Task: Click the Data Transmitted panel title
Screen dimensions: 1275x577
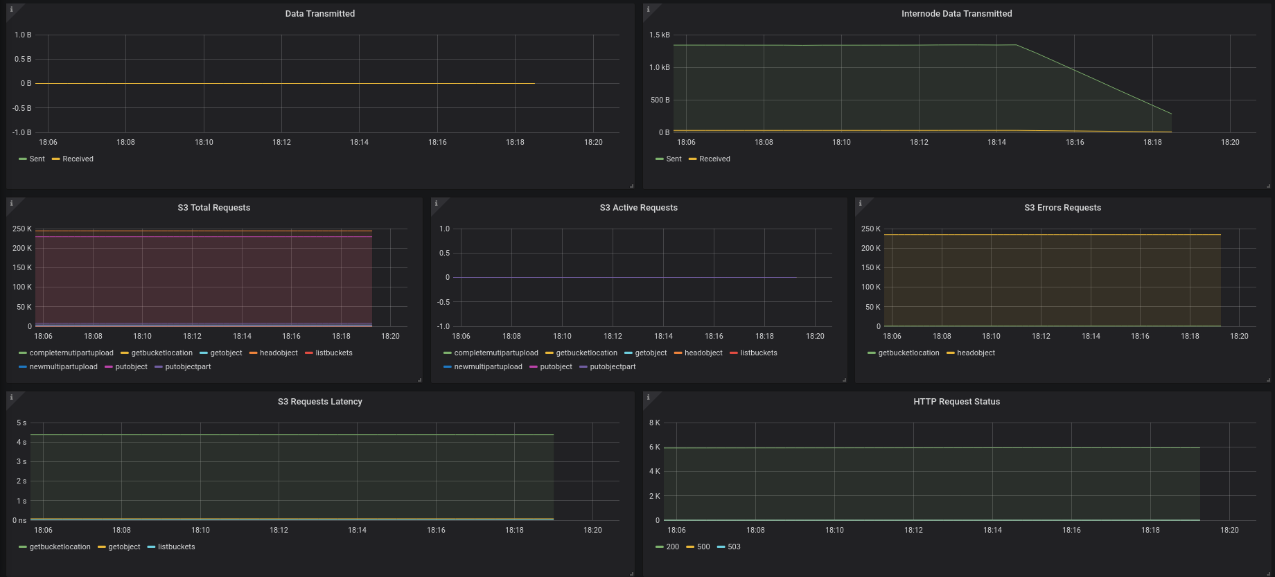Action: pos(320,14)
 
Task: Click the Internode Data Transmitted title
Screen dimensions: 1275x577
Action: pos(956,14)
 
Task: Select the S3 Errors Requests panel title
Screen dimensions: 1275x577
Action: pos(1062,208)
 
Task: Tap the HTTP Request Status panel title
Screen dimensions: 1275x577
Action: pos(956,402)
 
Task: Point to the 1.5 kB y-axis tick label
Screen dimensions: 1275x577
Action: pos(660,35)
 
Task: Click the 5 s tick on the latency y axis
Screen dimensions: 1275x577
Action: pos(21,423)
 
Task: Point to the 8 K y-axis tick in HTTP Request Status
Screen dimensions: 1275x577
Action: pos(654,423)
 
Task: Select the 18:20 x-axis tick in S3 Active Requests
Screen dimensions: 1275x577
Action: pos(815,337)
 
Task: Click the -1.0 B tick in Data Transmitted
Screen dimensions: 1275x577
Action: pos(21,132)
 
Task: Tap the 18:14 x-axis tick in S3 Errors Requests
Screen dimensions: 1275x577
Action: pos(1091,337)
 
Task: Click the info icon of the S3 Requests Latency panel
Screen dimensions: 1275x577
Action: pos(11,398)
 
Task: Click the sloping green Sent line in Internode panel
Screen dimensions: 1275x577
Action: pos(1094,80)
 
